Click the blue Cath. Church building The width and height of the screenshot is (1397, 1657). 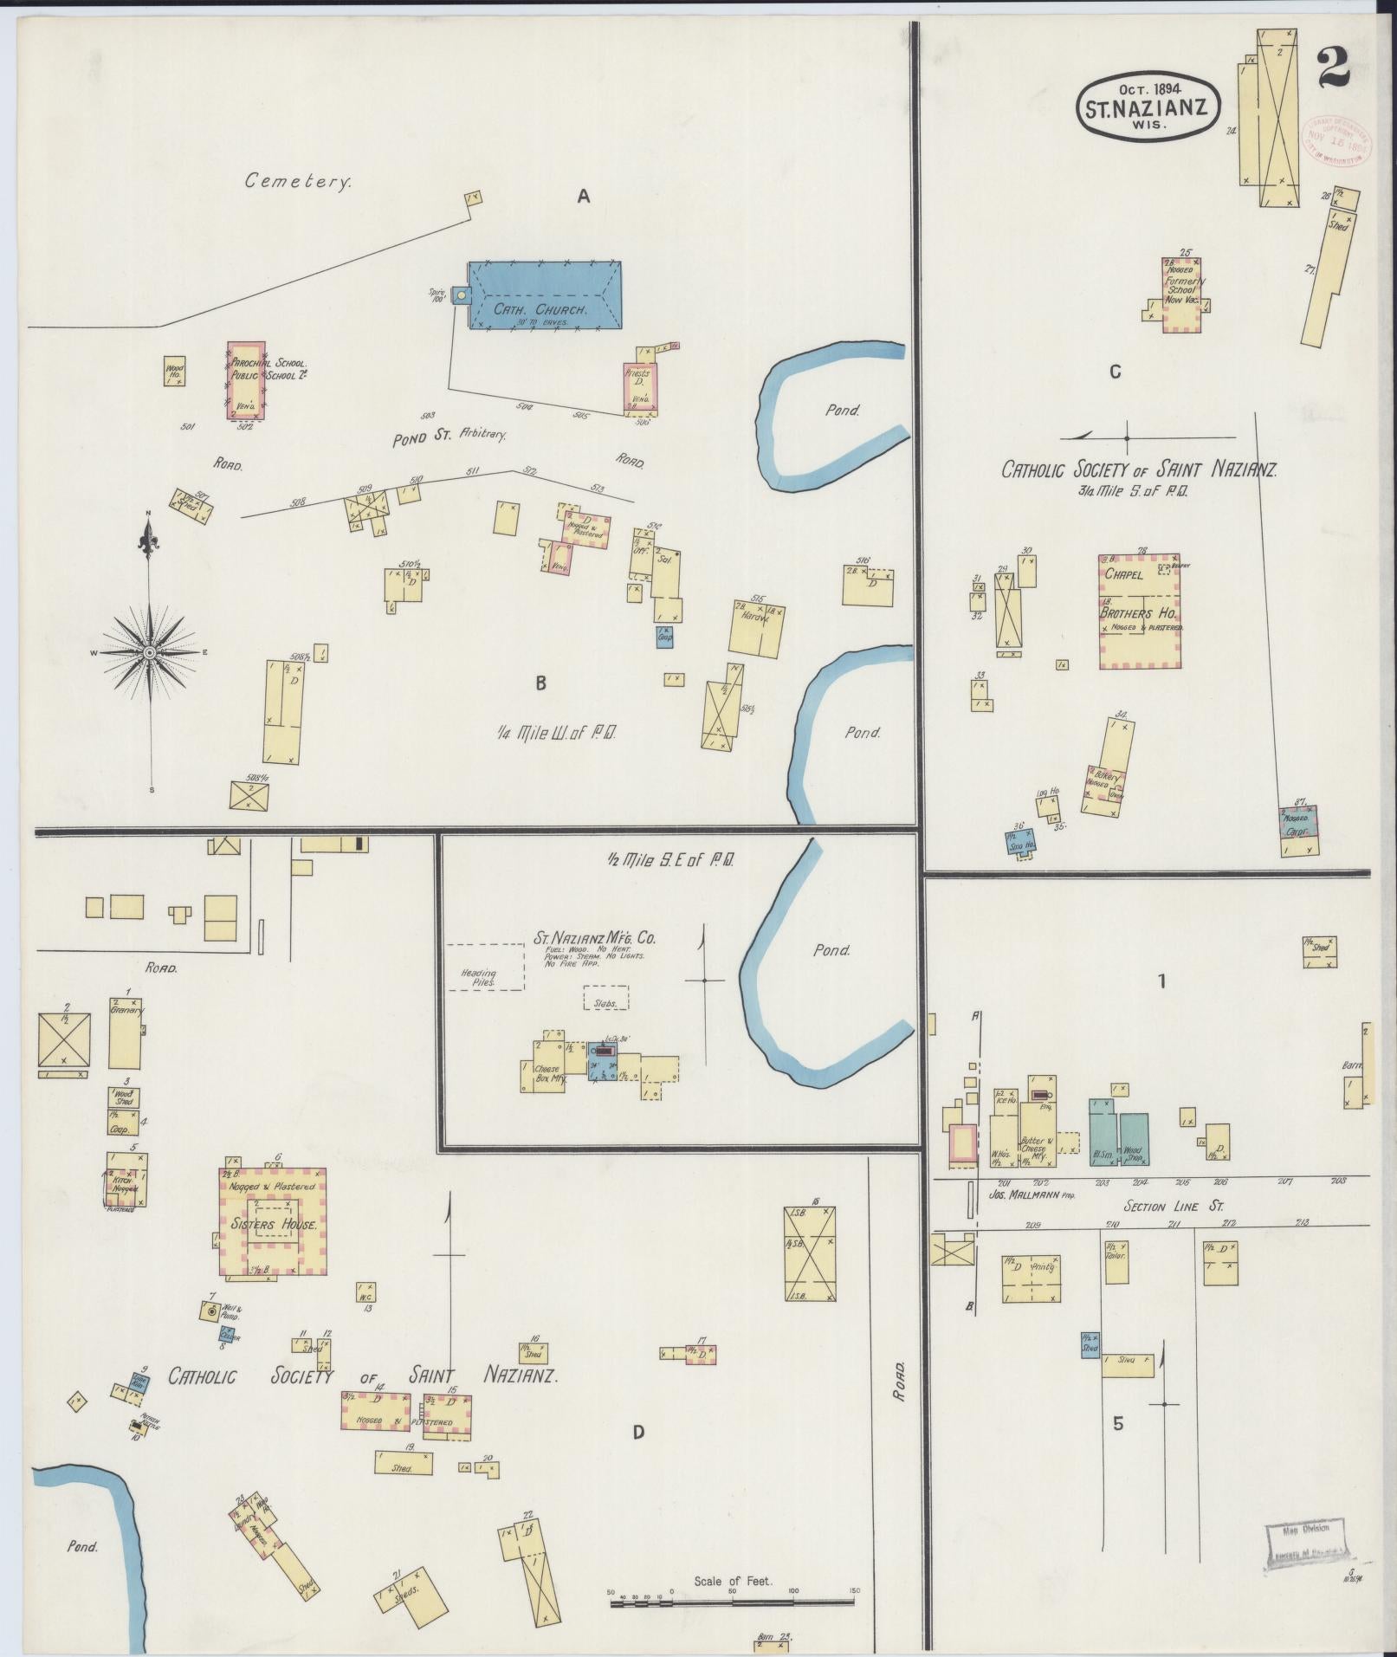544,295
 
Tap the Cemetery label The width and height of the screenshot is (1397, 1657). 298,181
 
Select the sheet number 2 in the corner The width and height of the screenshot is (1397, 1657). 1333,68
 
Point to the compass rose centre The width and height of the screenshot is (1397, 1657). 150,651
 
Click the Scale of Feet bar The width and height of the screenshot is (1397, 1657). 733,1604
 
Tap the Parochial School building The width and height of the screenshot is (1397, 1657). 246,380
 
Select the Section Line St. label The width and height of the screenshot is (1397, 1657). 1173,1207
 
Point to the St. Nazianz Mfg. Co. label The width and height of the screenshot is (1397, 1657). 595,937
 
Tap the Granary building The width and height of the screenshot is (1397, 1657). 125,1032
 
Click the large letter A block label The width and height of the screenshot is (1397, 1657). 584,197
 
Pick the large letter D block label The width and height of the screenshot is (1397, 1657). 638,1432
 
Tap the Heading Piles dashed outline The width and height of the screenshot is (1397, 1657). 484,967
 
